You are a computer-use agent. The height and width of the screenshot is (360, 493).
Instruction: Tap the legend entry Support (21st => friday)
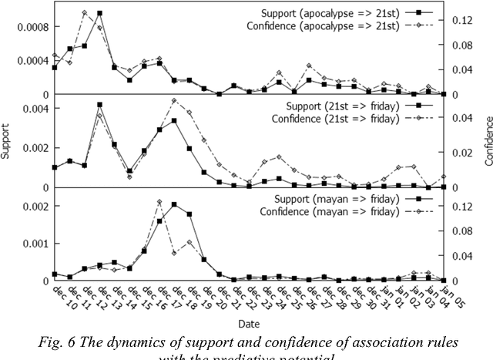(337, 106)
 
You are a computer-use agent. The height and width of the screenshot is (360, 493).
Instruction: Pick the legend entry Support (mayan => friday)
(334, 199)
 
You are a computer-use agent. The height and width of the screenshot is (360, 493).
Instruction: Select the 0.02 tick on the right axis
(460, 153)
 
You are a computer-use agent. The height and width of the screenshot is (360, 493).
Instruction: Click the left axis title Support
(7, 140)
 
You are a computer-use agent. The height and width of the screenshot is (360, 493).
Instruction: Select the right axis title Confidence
(487, 140)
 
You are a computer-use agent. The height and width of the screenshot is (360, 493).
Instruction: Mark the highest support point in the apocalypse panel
(99, 14)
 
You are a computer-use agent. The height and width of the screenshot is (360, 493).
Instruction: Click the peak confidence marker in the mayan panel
(159, 202)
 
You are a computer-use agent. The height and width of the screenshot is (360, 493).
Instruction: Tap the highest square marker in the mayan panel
(174, 205)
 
